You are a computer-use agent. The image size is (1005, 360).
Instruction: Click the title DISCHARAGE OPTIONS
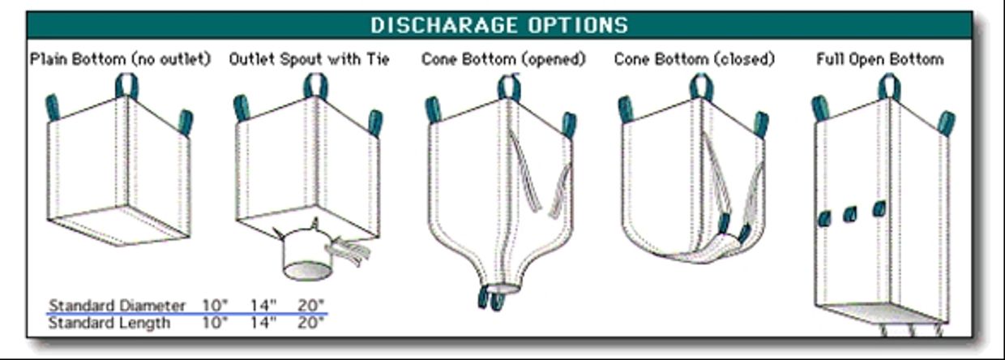pyautogui.click(x=499, y=25)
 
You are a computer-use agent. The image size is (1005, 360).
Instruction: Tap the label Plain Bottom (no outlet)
pyautogui.click(x=120, y=59)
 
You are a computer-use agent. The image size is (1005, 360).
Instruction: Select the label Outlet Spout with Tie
pyautogui.click(x=309, y=59)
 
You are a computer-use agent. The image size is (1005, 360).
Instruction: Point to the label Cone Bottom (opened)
pyautogui.click(x=503, y=59)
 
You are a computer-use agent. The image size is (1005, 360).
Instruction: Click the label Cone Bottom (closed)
pyautogui.click(x=694, y=59)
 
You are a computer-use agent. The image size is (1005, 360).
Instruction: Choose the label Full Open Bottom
pyautogui.click(x=880, y=59)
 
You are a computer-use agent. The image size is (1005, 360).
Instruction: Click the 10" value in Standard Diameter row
pyautogui.click(x=215, y=305)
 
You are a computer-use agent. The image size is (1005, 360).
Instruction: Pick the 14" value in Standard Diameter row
pyautogui.click(x=263, y=305)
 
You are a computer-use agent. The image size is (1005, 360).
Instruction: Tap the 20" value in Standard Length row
pyautogui.click(x=310, y=322)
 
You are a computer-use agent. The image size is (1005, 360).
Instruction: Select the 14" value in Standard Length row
pyautogui.click(x=263, y=322)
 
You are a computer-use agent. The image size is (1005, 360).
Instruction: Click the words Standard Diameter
pyautogui.click(x=117, y=305)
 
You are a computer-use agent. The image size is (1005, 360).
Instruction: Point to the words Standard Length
pyautogui.click(x=109, y=323)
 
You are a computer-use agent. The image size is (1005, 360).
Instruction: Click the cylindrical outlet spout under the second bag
pyautogui.click(x=308, y=255)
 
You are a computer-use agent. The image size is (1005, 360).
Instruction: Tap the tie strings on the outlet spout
pyautogui.click(x=350, y=251)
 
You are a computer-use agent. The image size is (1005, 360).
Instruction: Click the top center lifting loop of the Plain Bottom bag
pyautogui.click(x=127, y=86)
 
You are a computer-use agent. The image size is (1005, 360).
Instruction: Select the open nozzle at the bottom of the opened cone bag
pyautogui.click(x=503, y=288)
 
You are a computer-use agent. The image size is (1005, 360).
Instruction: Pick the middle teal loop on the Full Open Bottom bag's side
pyautogui.click(x=849, y=215)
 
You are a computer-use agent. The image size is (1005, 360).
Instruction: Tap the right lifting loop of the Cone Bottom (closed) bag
pyautogui.click(x=761, y=125)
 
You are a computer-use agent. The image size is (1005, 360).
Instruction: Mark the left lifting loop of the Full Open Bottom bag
pyautogui.click(x=820, y=109)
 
